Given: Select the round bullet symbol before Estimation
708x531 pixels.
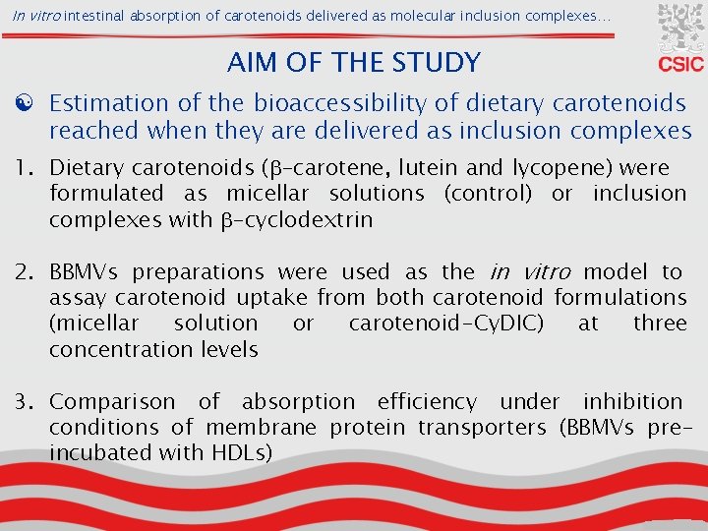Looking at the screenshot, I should [x=22, y=103].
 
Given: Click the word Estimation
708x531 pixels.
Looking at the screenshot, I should [x=111, y=103].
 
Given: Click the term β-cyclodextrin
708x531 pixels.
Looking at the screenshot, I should [x=294, y=219].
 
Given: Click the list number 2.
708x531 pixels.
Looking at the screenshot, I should [x=26, y=271].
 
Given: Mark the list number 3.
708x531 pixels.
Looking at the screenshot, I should [x=26, y=401].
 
